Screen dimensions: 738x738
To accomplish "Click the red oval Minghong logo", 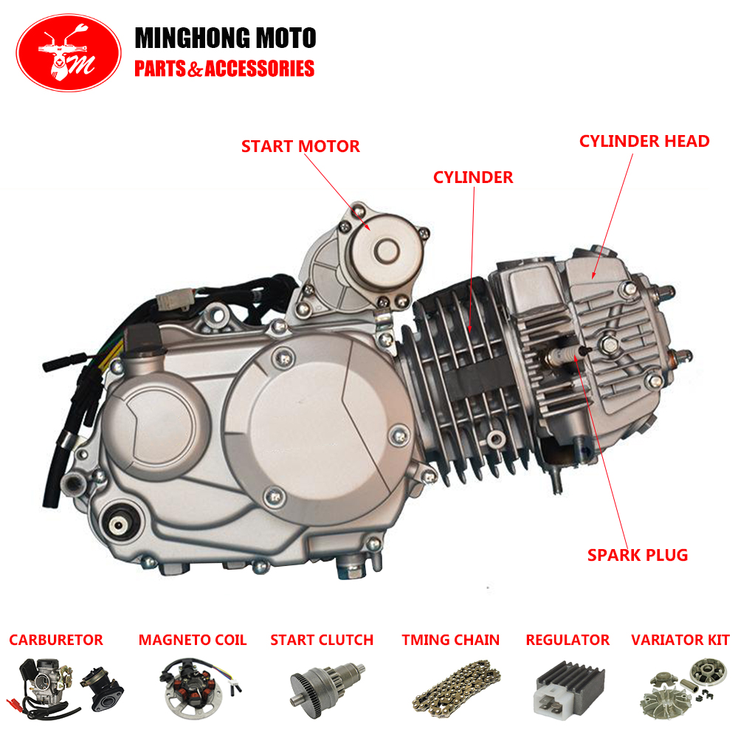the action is [69, 52].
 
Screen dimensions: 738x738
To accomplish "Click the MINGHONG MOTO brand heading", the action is [225, 38].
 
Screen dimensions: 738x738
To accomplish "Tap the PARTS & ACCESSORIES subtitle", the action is [224, 69].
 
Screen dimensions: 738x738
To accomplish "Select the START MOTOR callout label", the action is [300, 146].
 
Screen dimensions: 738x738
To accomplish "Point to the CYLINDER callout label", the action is [473, 177].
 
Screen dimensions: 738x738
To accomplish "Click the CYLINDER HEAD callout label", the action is [644, 141].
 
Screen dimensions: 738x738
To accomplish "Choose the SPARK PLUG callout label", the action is [638, 555].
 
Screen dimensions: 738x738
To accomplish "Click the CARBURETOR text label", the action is [56, 640].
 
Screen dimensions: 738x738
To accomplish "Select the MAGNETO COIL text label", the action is [193, 640].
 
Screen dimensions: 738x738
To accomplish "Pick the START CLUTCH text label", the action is [322, 640].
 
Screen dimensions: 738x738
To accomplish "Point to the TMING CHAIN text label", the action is [450, 640].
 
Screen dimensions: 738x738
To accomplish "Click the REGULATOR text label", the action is [568, 640].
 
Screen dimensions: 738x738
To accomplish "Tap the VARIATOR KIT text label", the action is [680, 640].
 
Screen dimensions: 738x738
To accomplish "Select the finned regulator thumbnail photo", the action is [570, 687].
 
